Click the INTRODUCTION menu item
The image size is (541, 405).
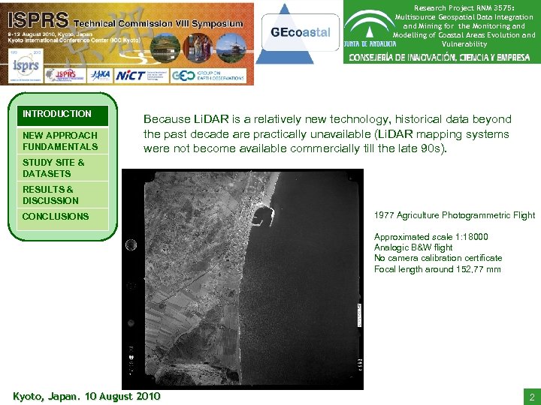pyautogui.click(x=57, y=114)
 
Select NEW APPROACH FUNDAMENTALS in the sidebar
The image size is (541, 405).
pyautogui.click(x=60, y=141)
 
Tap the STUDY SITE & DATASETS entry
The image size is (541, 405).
pyautogui.click(x=53, y=168)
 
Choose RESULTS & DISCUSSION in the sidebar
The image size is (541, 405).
pyautogui.click(x=50, y=195)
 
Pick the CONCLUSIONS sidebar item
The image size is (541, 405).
pyautogui.click(x=56, y=217)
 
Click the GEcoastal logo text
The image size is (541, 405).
pyautogui.click(x=301, y=33)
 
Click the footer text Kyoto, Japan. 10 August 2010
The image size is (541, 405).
pyautogui.click(x=86, y=396)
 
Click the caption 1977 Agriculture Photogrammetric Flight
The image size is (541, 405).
pyautogui.click(x=455, y=215)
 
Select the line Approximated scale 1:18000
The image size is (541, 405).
pyautogui.click(x=431, y=236)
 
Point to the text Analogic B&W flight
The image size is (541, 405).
pyautogui.click(x=413, y=247)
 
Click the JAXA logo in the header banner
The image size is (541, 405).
pyautogui.click(x=99, y=75)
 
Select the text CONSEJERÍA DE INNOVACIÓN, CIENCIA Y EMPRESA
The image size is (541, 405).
pyautogui.click(x=440, y=58)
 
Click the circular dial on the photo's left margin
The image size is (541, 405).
pyautogui.click(x=131, y=245)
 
